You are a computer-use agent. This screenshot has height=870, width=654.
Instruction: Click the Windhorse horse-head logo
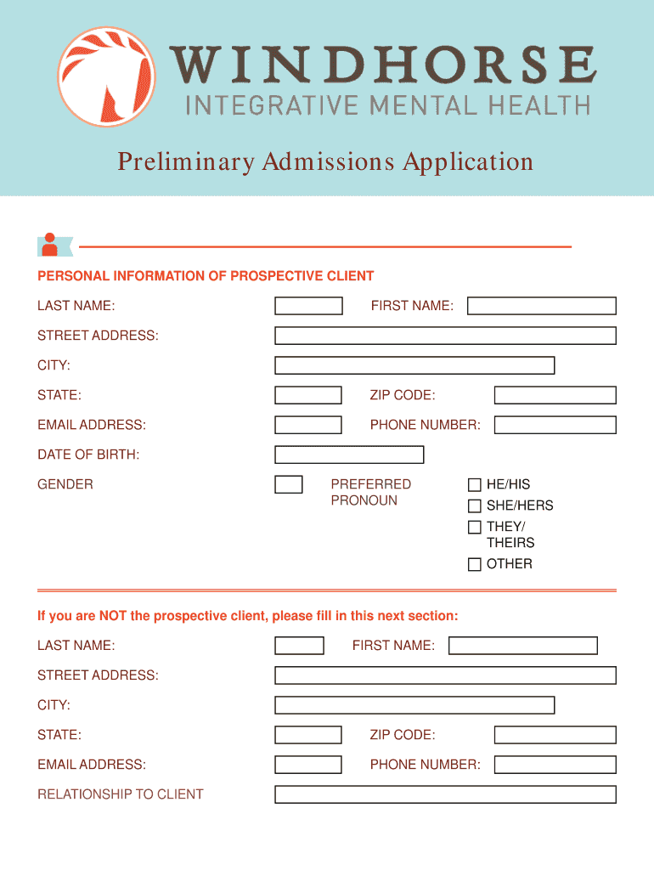click(x=107, y=76)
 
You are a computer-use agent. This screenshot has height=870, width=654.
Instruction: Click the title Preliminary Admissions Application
click(x=325, y=161)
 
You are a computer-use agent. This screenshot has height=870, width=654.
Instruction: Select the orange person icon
click(x=50, y=245)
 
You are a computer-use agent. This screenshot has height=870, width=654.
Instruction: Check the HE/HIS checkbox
click(x=475, y=485)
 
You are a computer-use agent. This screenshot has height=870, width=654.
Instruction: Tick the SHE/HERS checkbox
click(x=475, y=506)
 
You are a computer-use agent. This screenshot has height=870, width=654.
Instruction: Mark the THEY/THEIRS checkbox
click(x=475, y=528)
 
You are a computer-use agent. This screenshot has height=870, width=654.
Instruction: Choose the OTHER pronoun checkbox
click(x=475, y=564)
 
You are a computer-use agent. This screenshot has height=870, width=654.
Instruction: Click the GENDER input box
click(x=289, y=484)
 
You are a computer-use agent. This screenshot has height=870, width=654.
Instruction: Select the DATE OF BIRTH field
click(x=349, y=455)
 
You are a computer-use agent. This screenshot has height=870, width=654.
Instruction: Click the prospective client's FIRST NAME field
click(x=542, y=306)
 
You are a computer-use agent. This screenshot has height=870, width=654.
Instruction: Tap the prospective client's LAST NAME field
click(x=308, y=306)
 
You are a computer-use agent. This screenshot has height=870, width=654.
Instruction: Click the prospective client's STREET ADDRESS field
click(x=445, y=336)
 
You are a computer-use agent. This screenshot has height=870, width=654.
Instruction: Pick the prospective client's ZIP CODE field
click(x=555, y=395)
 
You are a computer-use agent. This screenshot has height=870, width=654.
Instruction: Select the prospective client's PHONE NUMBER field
click(x=555, y=425)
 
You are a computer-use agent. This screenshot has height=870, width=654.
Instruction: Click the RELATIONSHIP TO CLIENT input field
click(x=445, y=794)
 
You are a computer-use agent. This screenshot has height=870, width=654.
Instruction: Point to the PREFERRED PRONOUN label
click(x=370, y=492)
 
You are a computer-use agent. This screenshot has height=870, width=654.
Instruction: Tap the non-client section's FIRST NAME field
click(x=523, y=646)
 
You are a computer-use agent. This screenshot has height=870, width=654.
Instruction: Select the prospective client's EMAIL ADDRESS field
click(x=308, y=425)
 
